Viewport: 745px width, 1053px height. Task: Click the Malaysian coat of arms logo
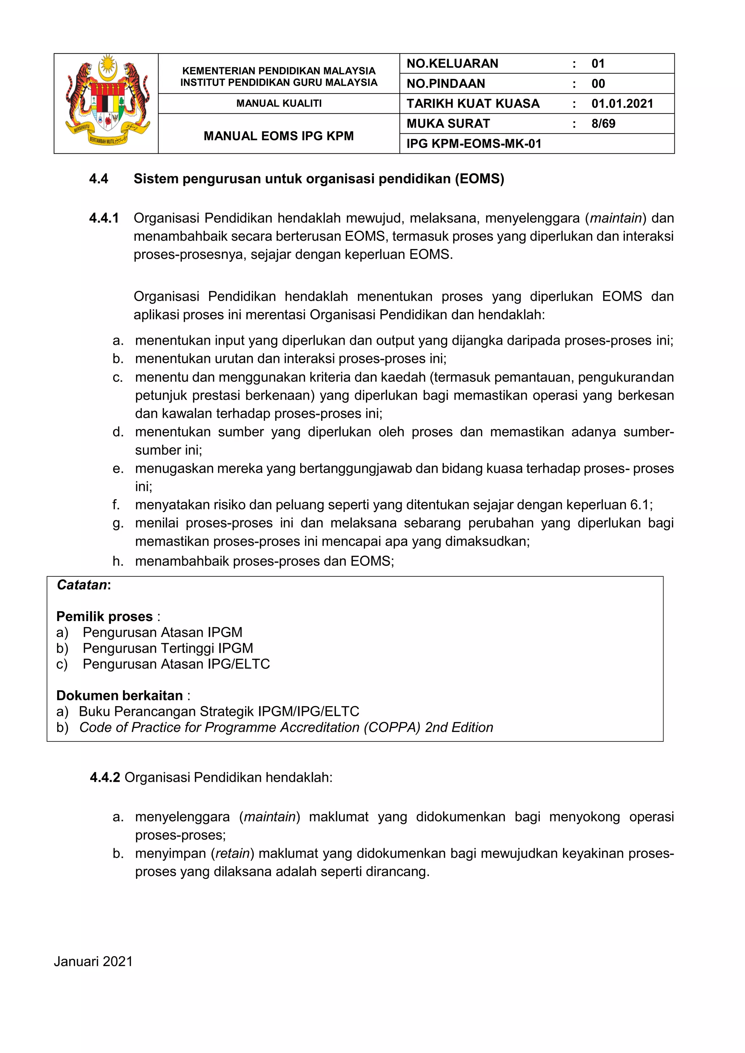click(107, 102)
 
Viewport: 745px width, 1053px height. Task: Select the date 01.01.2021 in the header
click(622, 104)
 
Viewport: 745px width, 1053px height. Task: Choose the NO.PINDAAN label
click(446, 84)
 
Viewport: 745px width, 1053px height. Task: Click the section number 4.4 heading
click(99, 179)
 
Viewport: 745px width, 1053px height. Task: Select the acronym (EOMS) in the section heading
click(479, 179)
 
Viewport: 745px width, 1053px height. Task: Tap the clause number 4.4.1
click(104, 218)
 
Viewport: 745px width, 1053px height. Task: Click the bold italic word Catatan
click(81, 585)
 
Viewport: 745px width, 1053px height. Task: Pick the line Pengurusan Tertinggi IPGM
click(167, 648)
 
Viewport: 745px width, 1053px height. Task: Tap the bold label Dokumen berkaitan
click(119, 696)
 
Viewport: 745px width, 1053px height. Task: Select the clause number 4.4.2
click(105, 777)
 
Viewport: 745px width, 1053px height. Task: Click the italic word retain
click(232, 853)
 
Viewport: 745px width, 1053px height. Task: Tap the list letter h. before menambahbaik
click(118, 561)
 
